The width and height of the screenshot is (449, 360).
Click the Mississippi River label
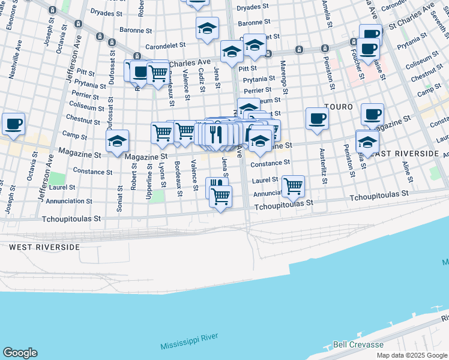188,346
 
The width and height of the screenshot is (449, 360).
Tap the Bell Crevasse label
358,346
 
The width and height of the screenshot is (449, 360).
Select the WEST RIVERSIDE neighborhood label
44,247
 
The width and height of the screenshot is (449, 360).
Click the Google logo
20,352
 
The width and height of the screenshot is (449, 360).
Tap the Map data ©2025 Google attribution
411,355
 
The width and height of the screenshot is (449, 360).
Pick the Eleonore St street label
10,14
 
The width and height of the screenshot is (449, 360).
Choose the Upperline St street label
148,176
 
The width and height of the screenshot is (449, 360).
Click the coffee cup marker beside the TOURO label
317,118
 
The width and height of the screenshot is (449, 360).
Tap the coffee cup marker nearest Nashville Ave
13,124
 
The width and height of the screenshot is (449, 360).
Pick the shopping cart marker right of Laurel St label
293,186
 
